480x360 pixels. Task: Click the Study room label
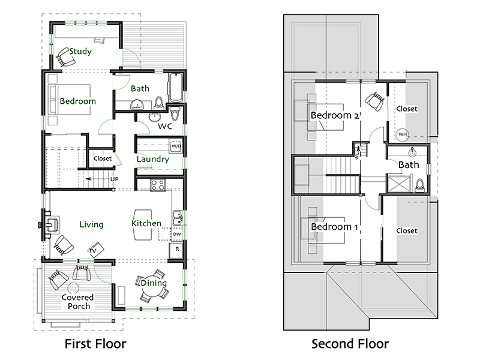pos(80,51)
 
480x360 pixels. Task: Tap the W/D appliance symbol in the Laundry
pos(176,146)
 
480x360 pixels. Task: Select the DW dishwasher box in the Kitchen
pos(177,234)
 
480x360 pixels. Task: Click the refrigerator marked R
pos(176,250)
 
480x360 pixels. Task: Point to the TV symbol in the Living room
pos(96,250)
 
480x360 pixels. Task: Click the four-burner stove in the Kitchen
pos(158,185)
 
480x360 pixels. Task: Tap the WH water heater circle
pos(403,134)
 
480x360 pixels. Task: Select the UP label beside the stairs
pos(114,179)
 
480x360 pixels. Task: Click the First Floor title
pos(95,344)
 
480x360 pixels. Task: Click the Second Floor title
pos(350,344)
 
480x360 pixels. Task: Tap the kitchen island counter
pos(143,224)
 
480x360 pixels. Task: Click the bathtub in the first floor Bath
pos(176,88)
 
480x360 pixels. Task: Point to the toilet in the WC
pos(175,113)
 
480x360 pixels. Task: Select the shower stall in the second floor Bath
pos(398,183)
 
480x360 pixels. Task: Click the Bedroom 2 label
pos(335,115)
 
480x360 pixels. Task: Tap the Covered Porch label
pos(78,302)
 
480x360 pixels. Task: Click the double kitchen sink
pos(178,218)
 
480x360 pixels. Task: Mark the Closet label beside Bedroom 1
pos(407,231)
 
